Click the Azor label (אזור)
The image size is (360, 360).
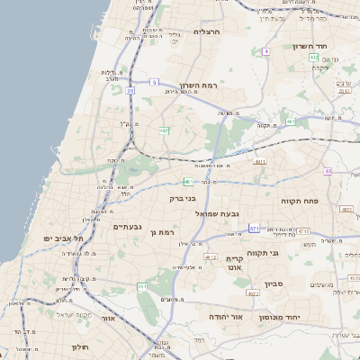(x=108, y=318)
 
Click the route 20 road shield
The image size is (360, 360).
(x=130, y=91)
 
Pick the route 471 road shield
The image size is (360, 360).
(x=255, y=228)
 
